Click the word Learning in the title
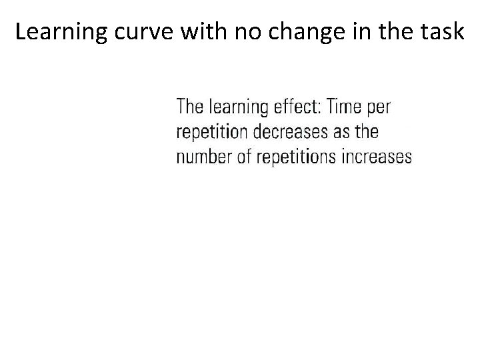[57, 32]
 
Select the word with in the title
[195, 32]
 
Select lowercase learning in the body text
[238, 107]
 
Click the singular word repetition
[213, 132]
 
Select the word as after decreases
[342, 133]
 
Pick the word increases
[377, 157]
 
